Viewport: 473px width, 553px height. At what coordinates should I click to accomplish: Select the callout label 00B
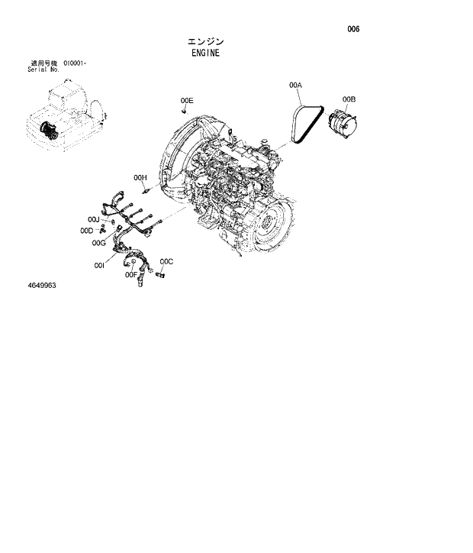(349, 99)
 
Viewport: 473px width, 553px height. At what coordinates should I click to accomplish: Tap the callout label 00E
(187, 101)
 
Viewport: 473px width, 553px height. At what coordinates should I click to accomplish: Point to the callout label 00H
(140, 177)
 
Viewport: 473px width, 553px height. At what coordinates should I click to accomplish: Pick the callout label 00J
(93, 220)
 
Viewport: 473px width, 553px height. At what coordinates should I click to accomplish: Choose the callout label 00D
(86, 231)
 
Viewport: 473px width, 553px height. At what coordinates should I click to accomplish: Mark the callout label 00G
(98, 243)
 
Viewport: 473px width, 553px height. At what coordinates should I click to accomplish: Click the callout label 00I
(99, 265)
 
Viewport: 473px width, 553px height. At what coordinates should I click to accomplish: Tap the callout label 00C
(166, 262)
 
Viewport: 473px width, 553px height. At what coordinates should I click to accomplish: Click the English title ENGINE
(205, 53)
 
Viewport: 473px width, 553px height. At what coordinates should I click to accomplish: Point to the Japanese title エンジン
(205, 41)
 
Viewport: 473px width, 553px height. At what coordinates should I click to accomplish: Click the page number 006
(352, 29)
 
